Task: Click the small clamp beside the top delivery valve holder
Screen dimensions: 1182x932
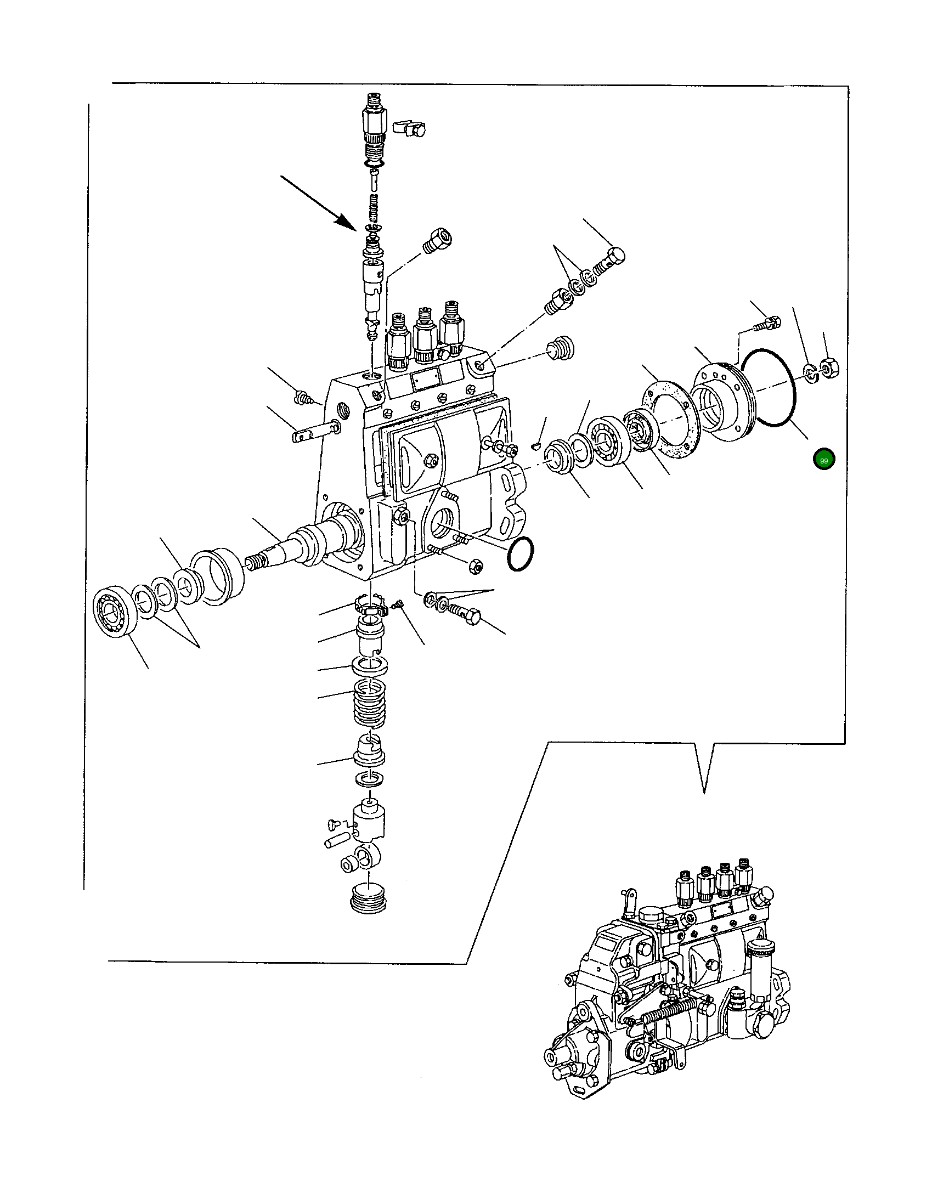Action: [410, 128]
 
